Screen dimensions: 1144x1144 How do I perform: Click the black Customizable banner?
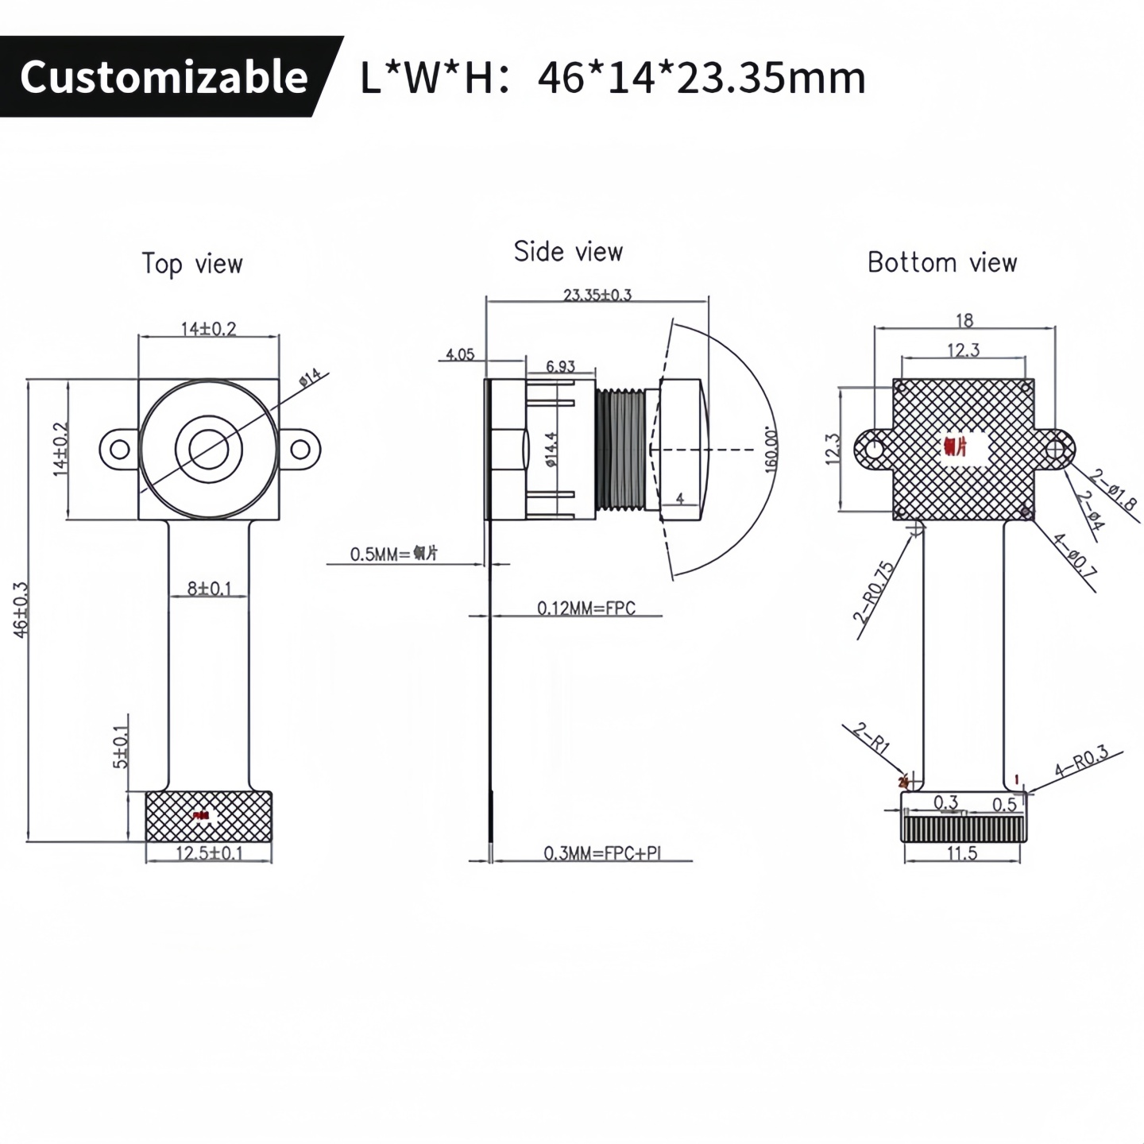click(163, 77)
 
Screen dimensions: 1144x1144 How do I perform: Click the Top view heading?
click(192, 264)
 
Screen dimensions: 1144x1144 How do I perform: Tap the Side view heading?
click(568, 252)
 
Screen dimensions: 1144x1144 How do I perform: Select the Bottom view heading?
click(941, 262)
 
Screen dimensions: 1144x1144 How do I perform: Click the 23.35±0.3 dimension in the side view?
click(597, 295)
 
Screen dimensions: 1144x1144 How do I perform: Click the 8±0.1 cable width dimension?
click(209, 589)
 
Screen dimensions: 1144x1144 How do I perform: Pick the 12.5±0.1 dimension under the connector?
click(209, 853)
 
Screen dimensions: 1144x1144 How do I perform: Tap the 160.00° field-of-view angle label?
click(770, 450)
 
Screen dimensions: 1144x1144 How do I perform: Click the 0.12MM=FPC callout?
click(586, 609)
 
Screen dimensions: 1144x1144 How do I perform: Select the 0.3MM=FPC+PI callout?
click(602, 853)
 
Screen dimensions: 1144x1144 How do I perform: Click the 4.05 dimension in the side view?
click(460, 354)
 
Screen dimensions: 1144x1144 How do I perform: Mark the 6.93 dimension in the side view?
click(560, 366)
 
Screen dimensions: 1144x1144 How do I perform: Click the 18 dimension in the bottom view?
click(964, 320)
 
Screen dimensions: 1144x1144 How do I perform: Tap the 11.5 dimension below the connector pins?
click(961, 853)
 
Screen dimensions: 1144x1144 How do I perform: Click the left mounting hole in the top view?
click(119, 450)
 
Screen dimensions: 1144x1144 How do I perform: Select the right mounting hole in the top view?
click(300, 450)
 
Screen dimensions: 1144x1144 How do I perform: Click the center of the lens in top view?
click(209, 450)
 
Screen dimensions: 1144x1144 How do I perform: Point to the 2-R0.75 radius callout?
click(874, 592)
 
